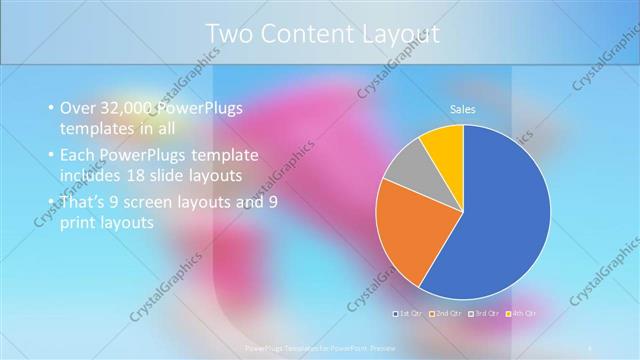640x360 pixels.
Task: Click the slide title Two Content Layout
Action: (322, 34)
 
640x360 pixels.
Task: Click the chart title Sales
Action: (462, 109)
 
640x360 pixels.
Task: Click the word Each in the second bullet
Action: (78, 155)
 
